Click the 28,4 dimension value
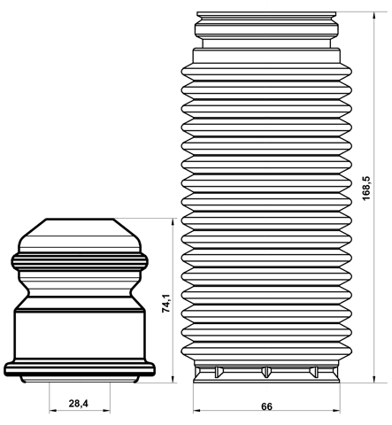click(x=79, y=403)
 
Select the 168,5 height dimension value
click(x=366, y=189)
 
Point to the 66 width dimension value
click(x=266, y=406)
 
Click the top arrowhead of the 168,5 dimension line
click(x=374, y=16)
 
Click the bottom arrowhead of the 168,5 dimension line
click(x=374, y=379)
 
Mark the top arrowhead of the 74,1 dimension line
click(x=173, y=222)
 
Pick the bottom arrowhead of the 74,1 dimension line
click(x=173, y=379)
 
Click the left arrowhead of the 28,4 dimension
click(x=53, y=410)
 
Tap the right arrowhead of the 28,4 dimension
click(x=106, y=410)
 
